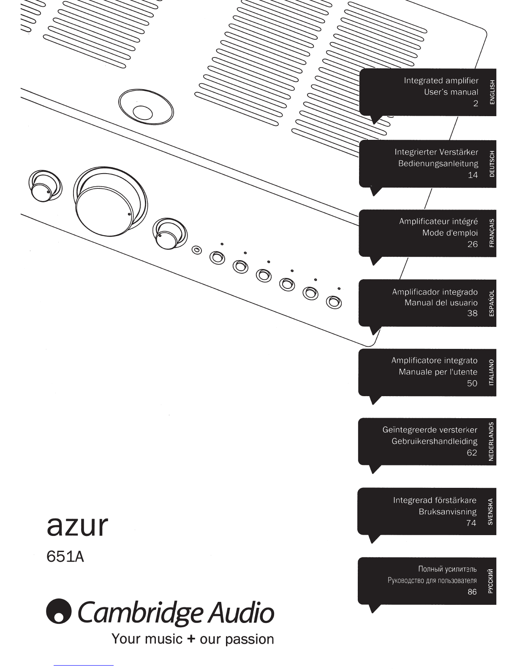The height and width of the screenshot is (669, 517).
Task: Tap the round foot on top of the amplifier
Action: [146, 107]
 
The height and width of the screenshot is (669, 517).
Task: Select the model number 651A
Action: [65, 557]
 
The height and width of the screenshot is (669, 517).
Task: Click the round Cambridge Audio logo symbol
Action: [59, 611]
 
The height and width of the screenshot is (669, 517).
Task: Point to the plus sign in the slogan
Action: [191, 639]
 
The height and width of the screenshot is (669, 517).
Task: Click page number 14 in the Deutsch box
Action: [473, 175]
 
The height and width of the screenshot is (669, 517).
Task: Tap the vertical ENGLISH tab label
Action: [492, 92]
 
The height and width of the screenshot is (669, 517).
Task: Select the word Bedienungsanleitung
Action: [438, 163]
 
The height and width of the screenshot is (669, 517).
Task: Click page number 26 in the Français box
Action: [473, 244]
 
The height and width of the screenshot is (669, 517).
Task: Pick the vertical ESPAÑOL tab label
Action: [492, 303]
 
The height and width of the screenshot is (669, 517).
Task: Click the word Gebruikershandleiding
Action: [435, 441]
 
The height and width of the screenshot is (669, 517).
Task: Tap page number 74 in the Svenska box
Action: [471, 523]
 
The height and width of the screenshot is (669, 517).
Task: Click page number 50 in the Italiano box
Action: [472, 383]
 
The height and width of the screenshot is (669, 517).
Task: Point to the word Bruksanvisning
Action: [448, 511]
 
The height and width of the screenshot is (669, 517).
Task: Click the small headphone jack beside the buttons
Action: [197, 250]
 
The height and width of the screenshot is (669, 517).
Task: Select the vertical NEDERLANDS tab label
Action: [491, 441]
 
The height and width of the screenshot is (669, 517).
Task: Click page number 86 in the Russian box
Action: [472, 592]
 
